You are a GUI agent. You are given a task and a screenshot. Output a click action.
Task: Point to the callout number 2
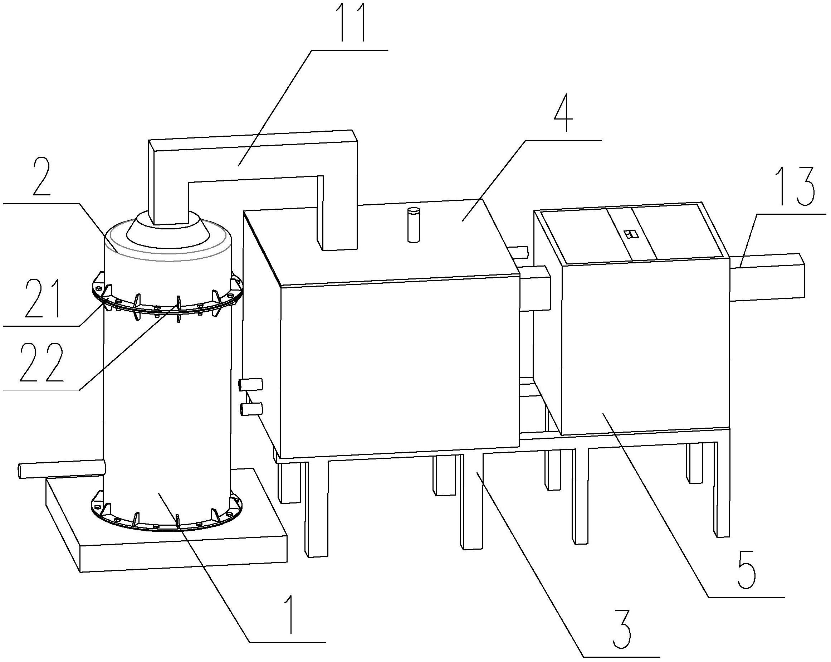point(43,177)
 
